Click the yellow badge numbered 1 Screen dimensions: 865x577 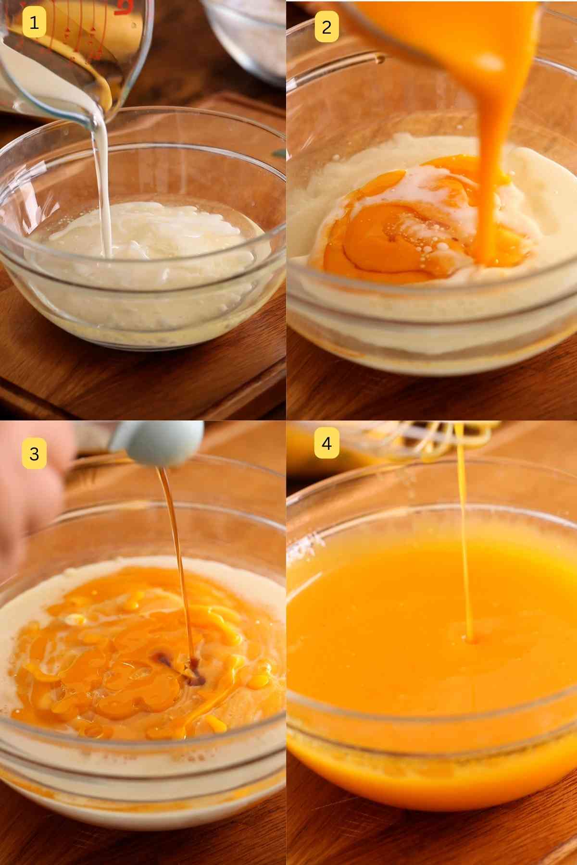coord(34,23)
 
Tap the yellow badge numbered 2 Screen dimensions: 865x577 coord(326,27)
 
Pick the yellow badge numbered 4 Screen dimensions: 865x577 coord(326,443)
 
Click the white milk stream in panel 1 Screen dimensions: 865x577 coord(102,183)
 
